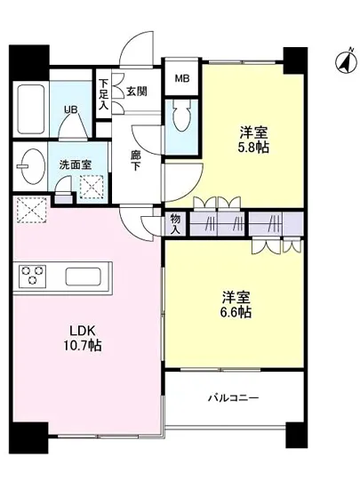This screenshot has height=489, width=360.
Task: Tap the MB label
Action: pos(182,78)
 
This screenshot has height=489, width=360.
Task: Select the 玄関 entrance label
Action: pos(136,90)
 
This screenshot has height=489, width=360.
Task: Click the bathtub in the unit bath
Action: pos(31,107)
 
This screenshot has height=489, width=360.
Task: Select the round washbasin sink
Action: pos(32,166)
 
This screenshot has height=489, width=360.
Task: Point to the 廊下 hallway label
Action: pos(136,160)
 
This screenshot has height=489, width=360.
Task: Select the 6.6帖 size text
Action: pos(236,312)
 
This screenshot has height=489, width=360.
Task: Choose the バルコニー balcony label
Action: pos(234,397)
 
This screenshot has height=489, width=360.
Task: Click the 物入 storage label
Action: pos(174,223)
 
